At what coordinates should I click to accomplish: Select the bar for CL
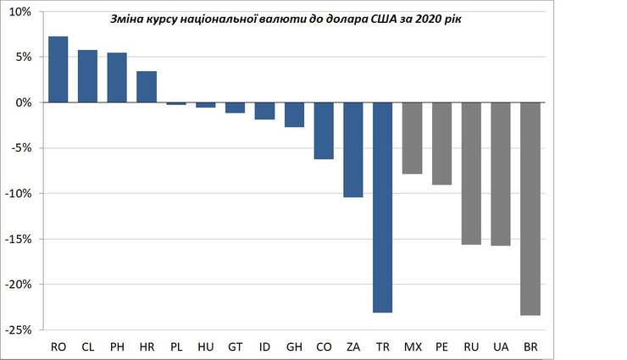coord(88,76)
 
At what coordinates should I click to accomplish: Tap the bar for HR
coord(147,86)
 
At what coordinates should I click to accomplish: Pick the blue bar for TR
coord(383,208)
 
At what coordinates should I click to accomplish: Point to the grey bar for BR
coord(530,208)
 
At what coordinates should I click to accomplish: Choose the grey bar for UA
coord(501,174)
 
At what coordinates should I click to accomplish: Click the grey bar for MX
coord(413,138)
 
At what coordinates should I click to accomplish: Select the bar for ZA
coord(353,150)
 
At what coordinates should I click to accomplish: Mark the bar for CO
coord(324,130)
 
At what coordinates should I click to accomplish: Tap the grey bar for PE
coord(442,143)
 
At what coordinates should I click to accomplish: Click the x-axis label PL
coord(176,346)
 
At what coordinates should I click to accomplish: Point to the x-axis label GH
coord(294,346)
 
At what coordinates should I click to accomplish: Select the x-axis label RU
coord(471,346)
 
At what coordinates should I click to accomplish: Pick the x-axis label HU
coord(206,346)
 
